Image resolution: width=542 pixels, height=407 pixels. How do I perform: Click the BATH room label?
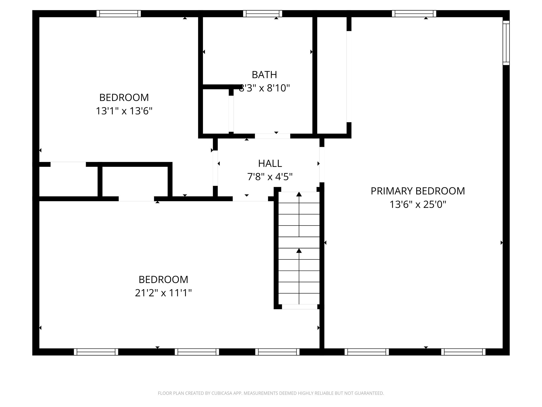coord(264,75)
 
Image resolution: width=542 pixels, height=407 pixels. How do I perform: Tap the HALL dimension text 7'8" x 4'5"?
coord(270,176)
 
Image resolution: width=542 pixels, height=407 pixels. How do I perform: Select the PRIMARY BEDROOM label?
coord(418,191)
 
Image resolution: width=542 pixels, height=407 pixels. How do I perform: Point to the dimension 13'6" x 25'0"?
coord(418,205)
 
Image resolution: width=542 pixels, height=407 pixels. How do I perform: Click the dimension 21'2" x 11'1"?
coord(163,293)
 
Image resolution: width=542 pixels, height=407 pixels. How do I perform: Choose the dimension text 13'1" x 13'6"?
coord(124,111)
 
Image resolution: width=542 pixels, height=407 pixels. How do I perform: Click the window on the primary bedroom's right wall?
coord(506,43)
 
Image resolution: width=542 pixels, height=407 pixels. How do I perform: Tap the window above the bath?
coord(263,14)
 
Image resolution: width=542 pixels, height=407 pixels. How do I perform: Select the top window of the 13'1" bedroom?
coord(119,14)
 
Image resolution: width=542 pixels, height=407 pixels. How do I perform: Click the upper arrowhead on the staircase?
coord(299,194)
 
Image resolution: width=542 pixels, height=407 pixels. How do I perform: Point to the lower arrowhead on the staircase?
coord(299,251)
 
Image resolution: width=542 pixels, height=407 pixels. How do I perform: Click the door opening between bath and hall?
coord(272,136)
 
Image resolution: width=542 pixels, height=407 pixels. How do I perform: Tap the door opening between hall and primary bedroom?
coord(322,164)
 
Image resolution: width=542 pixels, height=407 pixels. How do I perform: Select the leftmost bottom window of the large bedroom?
coord(96,352)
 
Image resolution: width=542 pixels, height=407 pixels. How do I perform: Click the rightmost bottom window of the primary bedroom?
coord(463,352)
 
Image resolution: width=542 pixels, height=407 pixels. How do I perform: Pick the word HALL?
coord(270,163)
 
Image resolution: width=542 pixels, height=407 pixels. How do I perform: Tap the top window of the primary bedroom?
coord(414,14)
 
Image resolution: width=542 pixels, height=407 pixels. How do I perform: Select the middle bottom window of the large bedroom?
coord(197,352)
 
